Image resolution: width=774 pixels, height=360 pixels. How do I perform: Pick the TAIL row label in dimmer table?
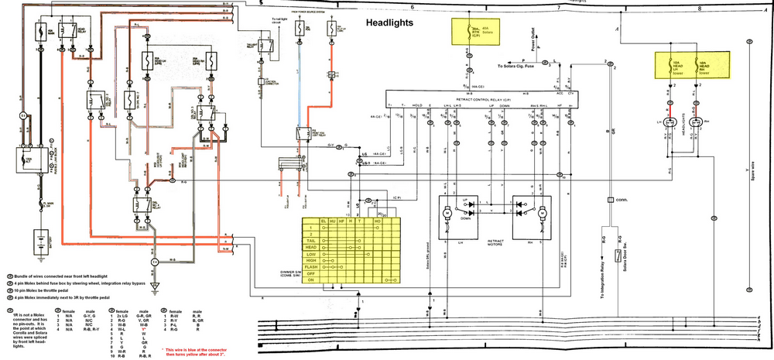[x=313, y=240]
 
